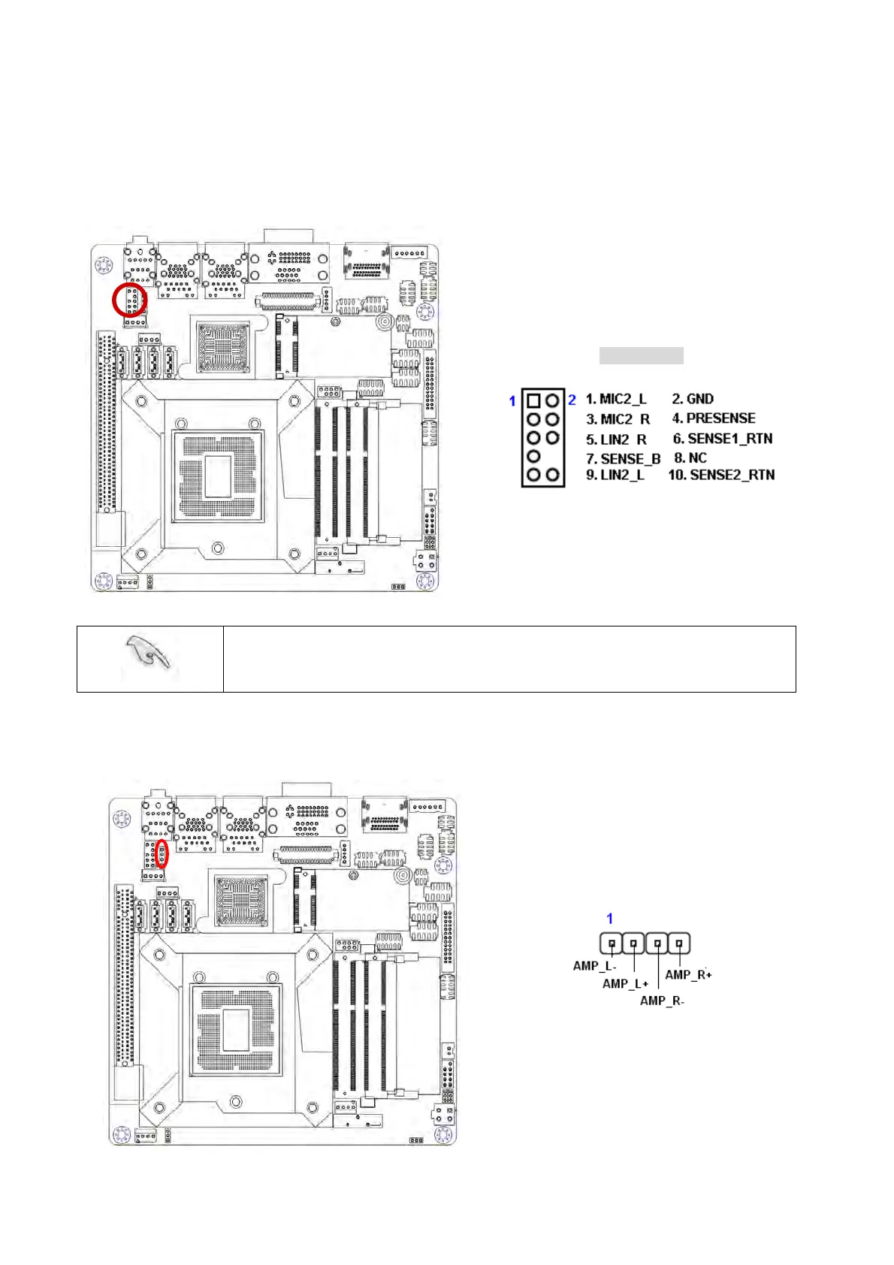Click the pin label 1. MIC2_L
615,399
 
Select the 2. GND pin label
693,399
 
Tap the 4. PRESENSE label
714,418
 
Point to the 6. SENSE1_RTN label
723,439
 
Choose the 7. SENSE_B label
623,458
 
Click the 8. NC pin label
690,457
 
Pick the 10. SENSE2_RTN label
721,475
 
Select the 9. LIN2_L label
615,475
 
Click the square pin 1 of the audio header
533,400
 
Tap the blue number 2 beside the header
572,400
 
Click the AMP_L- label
594,966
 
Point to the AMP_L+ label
625,983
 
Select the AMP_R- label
662,1001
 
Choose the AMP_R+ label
689,975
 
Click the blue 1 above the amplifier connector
610,919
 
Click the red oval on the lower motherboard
162,856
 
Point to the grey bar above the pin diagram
641,355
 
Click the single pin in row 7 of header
533,456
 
